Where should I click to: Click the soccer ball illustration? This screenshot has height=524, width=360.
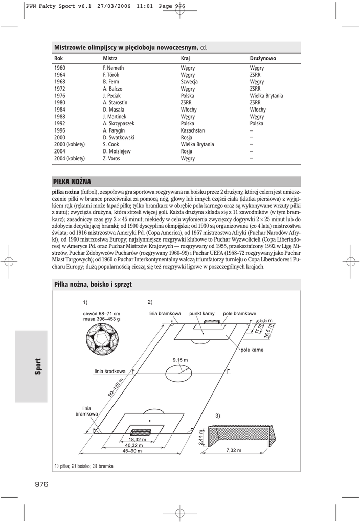pos(102,340)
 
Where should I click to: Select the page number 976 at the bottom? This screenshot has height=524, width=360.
pos(41,485)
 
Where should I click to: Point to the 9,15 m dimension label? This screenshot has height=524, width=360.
pos(180,360)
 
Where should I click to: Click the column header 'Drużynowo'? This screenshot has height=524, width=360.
pos(263,58)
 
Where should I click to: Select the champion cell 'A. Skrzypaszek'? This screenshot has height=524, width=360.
pos(118,123)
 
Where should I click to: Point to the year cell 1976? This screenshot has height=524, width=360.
pos(60,96)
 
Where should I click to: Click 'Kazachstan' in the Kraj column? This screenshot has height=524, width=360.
pos(193,130)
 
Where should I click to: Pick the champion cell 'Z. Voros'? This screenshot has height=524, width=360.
pos(111,159)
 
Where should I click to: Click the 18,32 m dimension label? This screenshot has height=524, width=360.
pos(137,439)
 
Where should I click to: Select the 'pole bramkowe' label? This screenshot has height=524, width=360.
pos(240,313)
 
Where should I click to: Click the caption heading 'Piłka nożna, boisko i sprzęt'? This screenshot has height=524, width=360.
pos(93,284)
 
